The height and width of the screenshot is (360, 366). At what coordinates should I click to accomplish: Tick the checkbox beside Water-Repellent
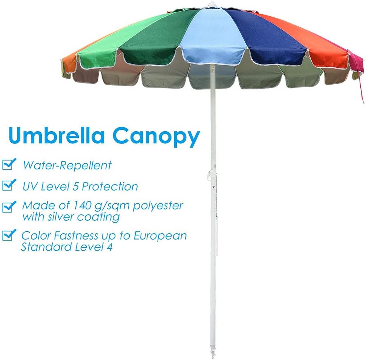tap(9, 165)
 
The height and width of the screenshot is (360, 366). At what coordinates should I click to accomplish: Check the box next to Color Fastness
tap(9, 236)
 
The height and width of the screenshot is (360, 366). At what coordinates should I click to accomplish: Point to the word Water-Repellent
tap(67, 165)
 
